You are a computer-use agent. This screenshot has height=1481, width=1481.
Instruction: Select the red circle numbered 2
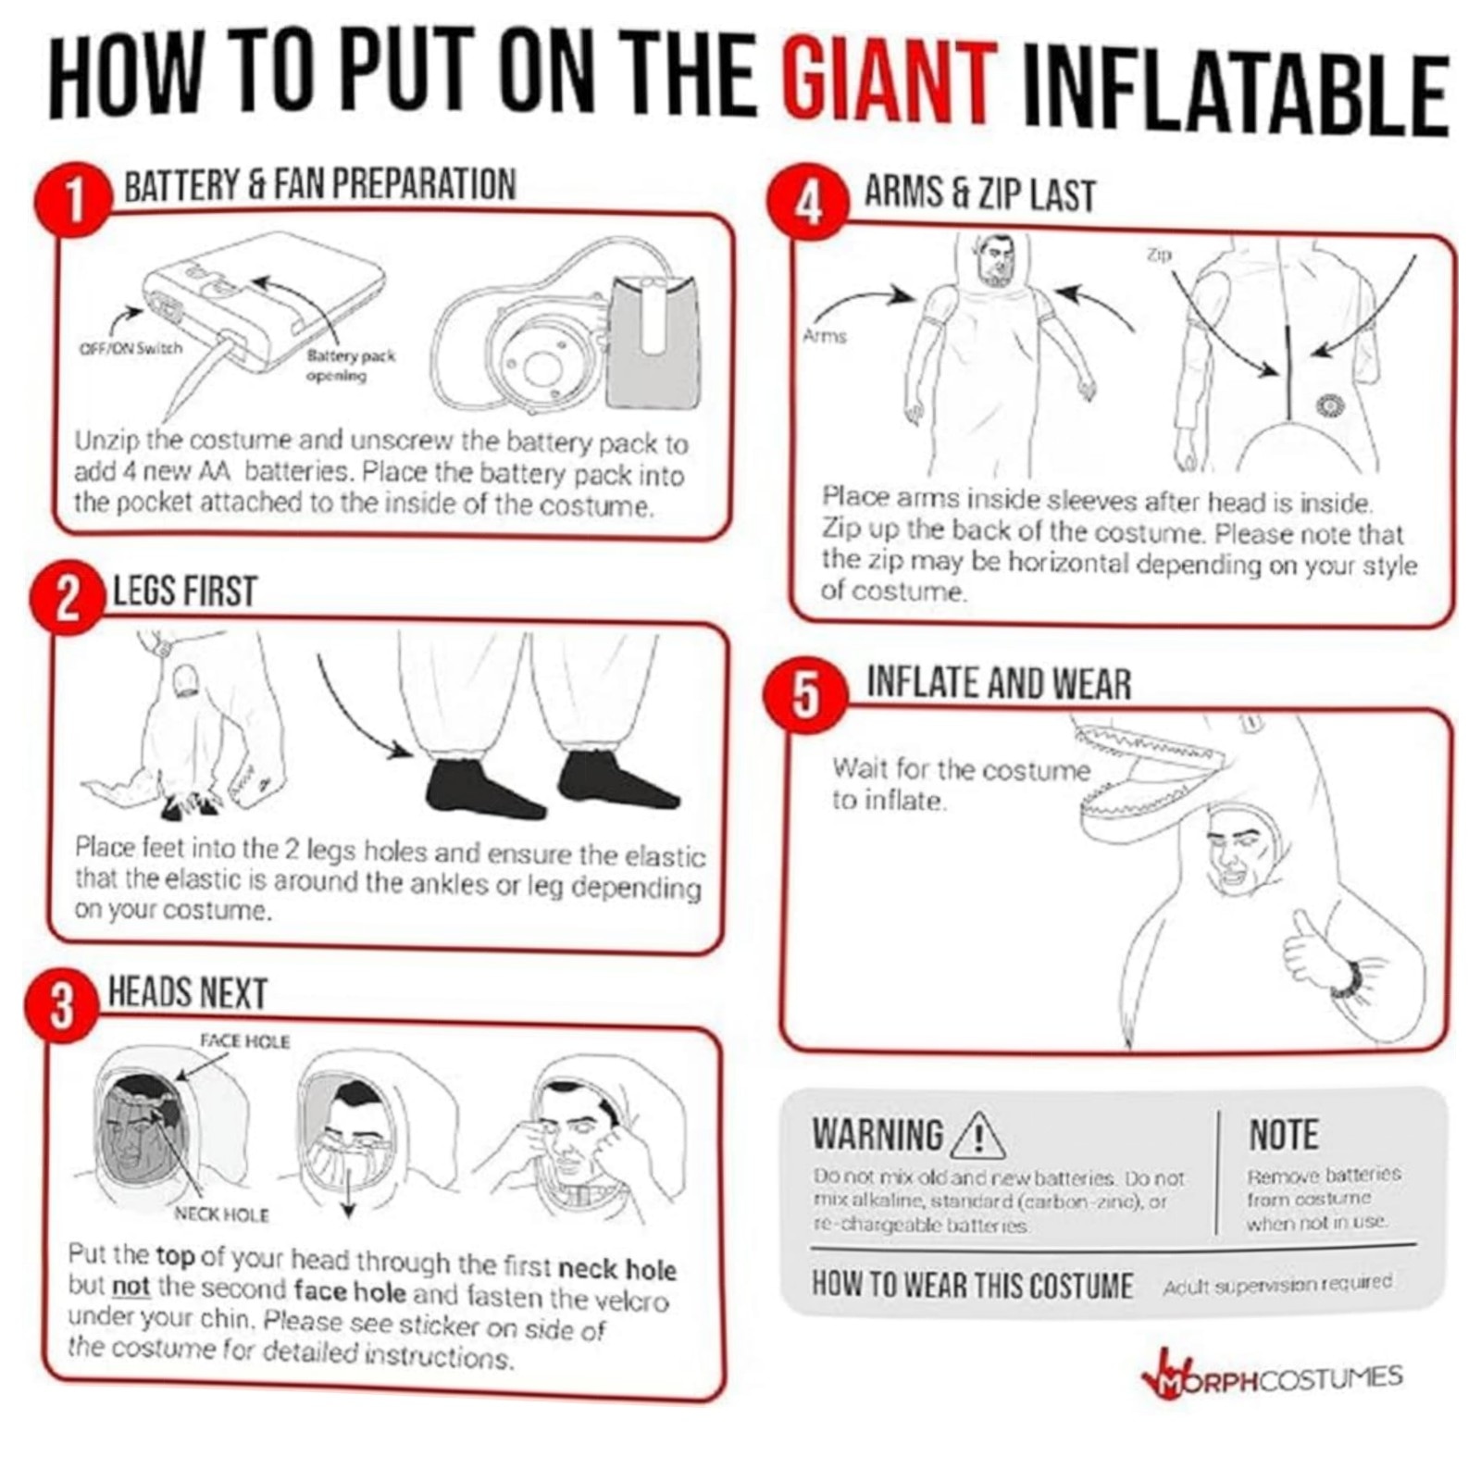[x=67, y=599]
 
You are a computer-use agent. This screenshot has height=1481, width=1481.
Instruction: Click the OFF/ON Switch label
[x=131, y=348]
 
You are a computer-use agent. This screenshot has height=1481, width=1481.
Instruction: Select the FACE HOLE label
[x=245, y=1040]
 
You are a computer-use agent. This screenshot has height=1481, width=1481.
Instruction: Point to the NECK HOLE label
[x=222, y=1214]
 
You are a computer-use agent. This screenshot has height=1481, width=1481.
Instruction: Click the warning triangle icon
[x=977, y=1135]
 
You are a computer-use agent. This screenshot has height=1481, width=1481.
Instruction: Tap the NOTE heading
[x=1284, y=1135]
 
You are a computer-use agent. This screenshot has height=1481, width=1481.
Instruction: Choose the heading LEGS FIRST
[x=184, y=591]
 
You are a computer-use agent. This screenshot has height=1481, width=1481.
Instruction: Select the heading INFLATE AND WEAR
[x=999, y=683]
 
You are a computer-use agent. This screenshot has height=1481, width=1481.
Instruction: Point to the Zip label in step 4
[x=1160, y=254]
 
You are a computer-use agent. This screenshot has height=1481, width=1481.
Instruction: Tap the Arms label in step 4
[x=825, y=335]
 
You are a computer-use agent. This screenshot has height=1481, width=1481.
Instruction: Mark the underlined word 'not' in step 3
[x=131, y=1288]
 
